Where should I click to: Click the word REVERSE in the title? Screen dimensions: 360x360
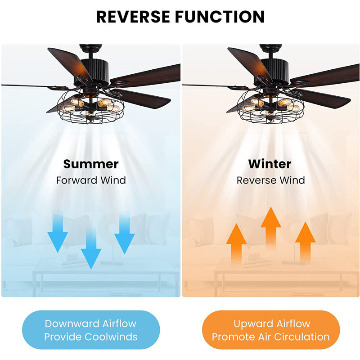click(132, 17)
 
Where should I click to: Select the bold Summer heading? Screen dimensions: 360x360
click(91, 164)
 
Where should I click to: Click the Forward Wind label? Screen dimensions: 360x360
click(91, 180)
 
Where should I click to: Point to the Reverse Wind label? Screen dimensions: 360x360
click(271, 180)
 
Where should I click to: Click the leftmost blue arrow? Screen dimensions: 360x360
click(58, 233)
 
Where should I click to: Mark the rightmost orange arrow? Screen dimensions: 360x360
click(305, 243)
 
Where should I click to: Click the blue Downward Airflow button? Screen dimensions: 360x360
click(91, 330)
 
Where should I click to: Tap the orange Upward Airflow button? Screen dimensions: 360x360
click(271, 330)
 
